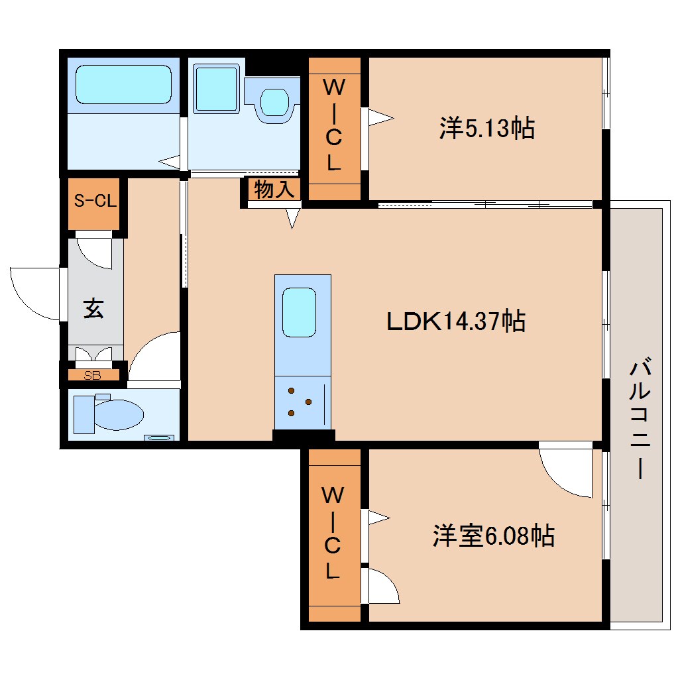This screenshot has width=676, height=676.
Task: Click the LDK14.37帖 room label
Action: tap(456, 321)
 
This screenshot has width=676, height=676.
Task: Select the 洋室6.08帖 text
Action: tap(494, 535)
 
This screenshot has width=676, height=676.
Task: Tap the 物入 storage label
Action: tap(274, 190)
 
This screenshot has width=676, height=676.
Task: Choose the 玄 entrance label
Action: tap(93, 309)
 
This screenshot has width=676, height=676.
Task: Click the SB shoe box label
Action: tap(93, 376)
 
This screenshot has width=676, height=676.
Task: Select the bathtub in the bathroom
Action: tap(123, 84)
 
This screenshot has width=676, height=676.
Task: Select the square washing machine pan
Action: tap(217, 87)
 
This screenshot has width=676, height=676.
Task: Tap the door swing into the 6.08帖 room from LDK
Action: tap(567, 472)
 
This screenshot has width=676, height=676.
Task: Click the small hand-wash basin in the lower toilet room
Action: tap(160, 437)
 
